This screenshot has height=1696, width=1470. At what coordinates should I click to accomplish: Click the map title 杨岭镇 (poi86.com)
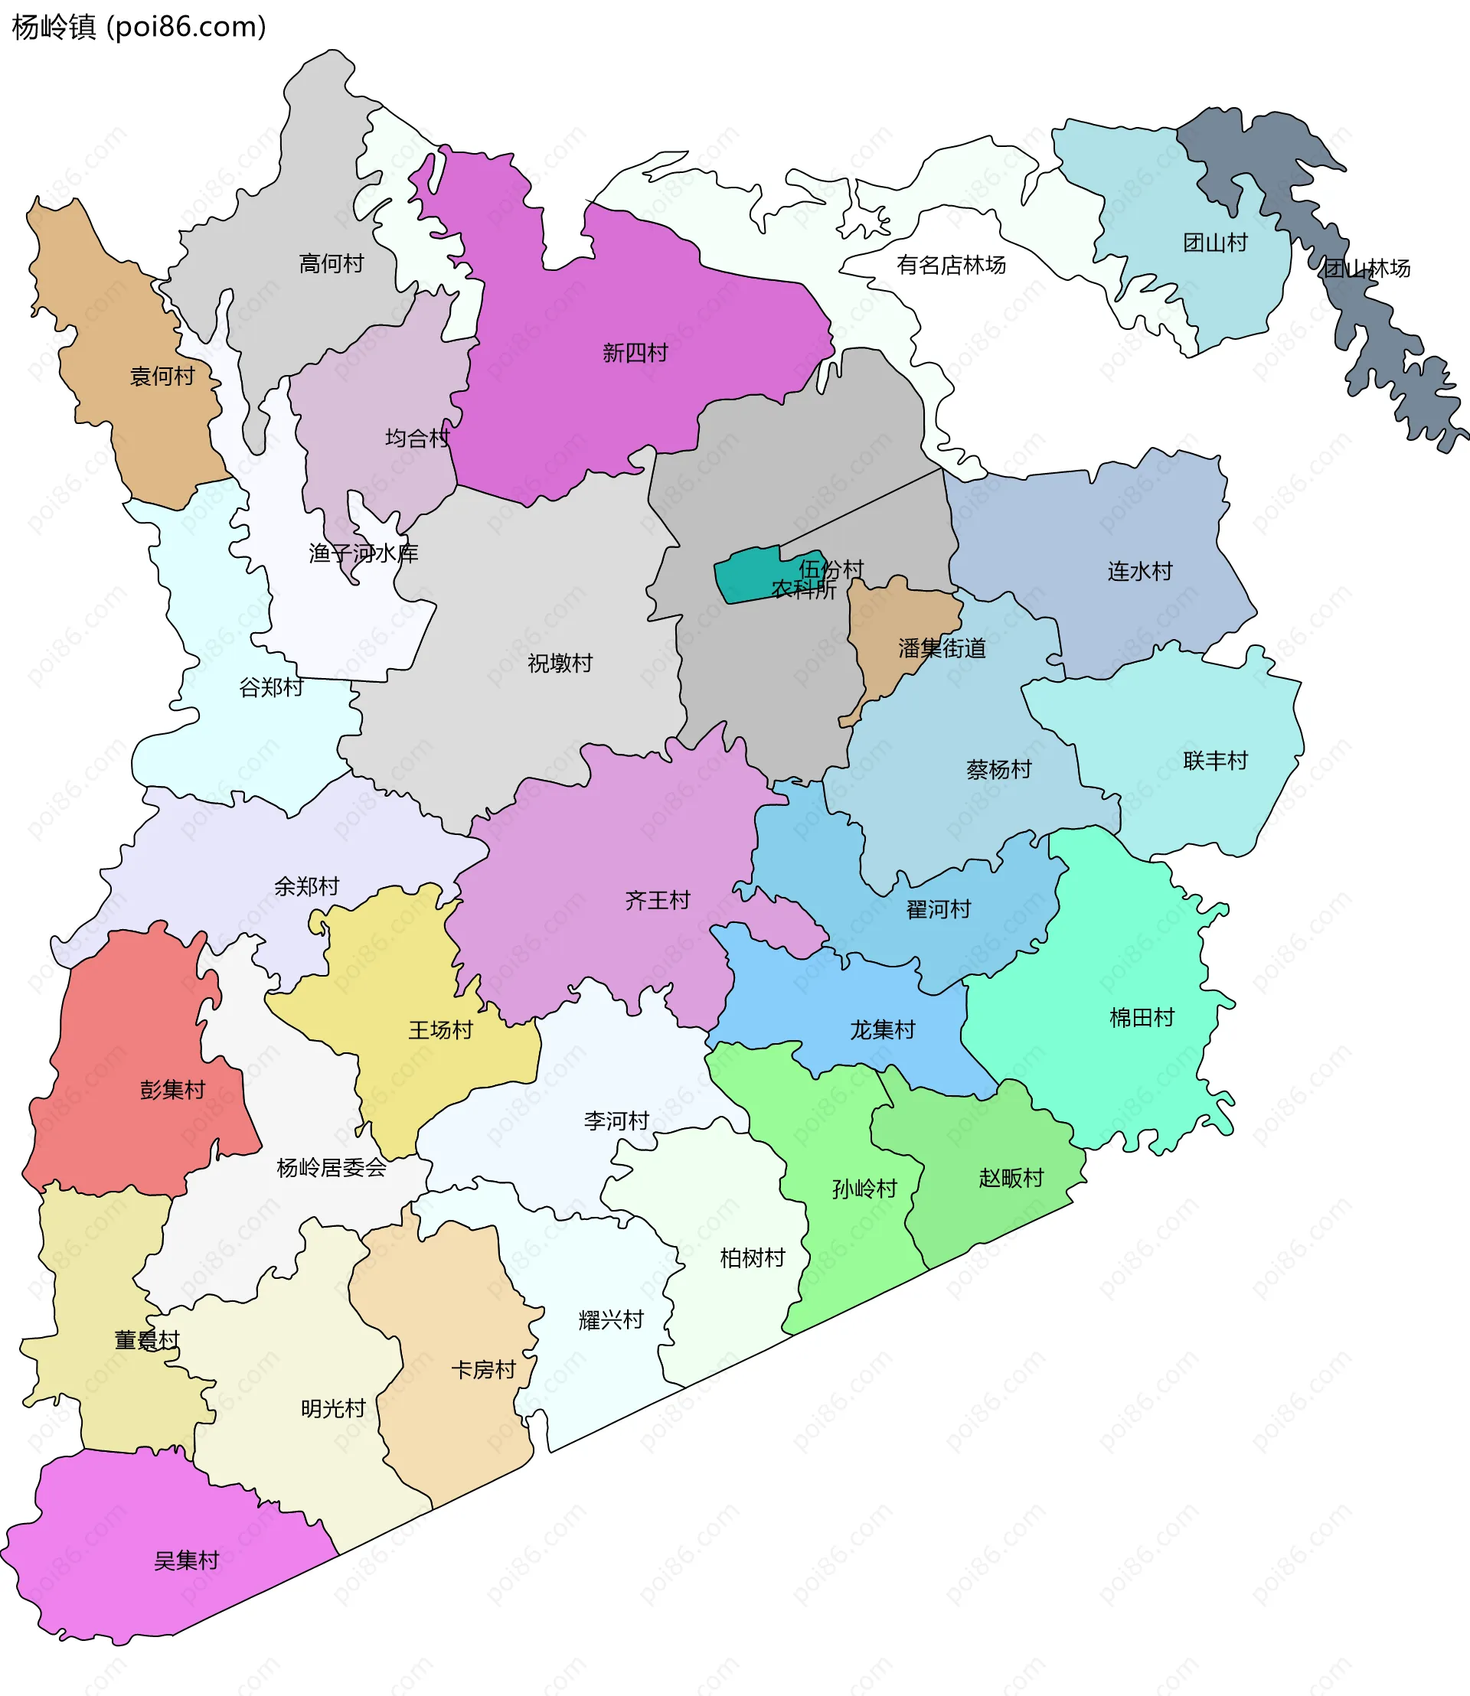139,27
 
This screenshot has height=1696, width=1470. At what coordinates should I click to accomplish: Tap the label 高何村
332,264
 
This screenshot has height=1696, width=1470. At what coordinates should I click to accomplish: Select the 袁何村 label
162,377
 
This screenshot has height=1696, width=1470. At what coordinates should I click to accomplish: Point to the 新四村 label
635,354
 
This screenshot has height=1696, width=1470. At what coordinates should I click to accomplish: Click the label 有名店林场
951,266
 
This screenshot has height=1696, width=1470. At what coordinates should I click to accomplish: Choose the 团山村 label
1215,243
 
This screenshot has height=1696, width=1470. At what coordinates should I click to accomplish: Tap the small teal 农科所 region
746,576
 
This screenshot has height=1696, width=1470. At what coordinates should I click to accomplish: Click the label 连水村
1139,572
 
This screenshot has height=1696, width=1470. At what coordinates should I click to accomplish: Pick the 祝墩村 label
560,664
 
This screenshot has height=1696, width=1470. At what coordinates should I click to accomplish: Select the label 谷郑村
271,687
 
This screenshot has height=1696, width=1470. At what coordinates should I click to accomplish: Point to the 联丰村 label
1215,761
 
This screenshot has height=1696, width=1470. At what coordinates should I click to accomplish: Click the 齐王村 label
657,901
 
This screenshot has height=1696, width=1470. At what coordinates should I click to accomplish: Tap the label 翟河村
939,909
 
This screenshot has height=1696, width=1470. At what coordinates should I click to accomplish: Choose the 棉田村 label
1142,1018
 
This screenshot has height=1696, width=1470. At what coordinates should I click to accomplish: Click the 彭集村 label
172,1090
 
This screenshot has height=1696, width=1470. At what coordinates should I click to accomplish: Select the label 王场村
440,1030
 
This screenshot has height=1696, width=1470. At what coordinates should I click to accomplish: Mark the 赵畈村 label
1011,1179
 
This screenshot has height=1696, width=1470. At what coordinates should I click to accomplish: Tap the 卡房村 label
483,1370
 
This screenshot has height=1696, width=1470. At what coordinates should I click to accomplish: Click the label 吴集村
186,1561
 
